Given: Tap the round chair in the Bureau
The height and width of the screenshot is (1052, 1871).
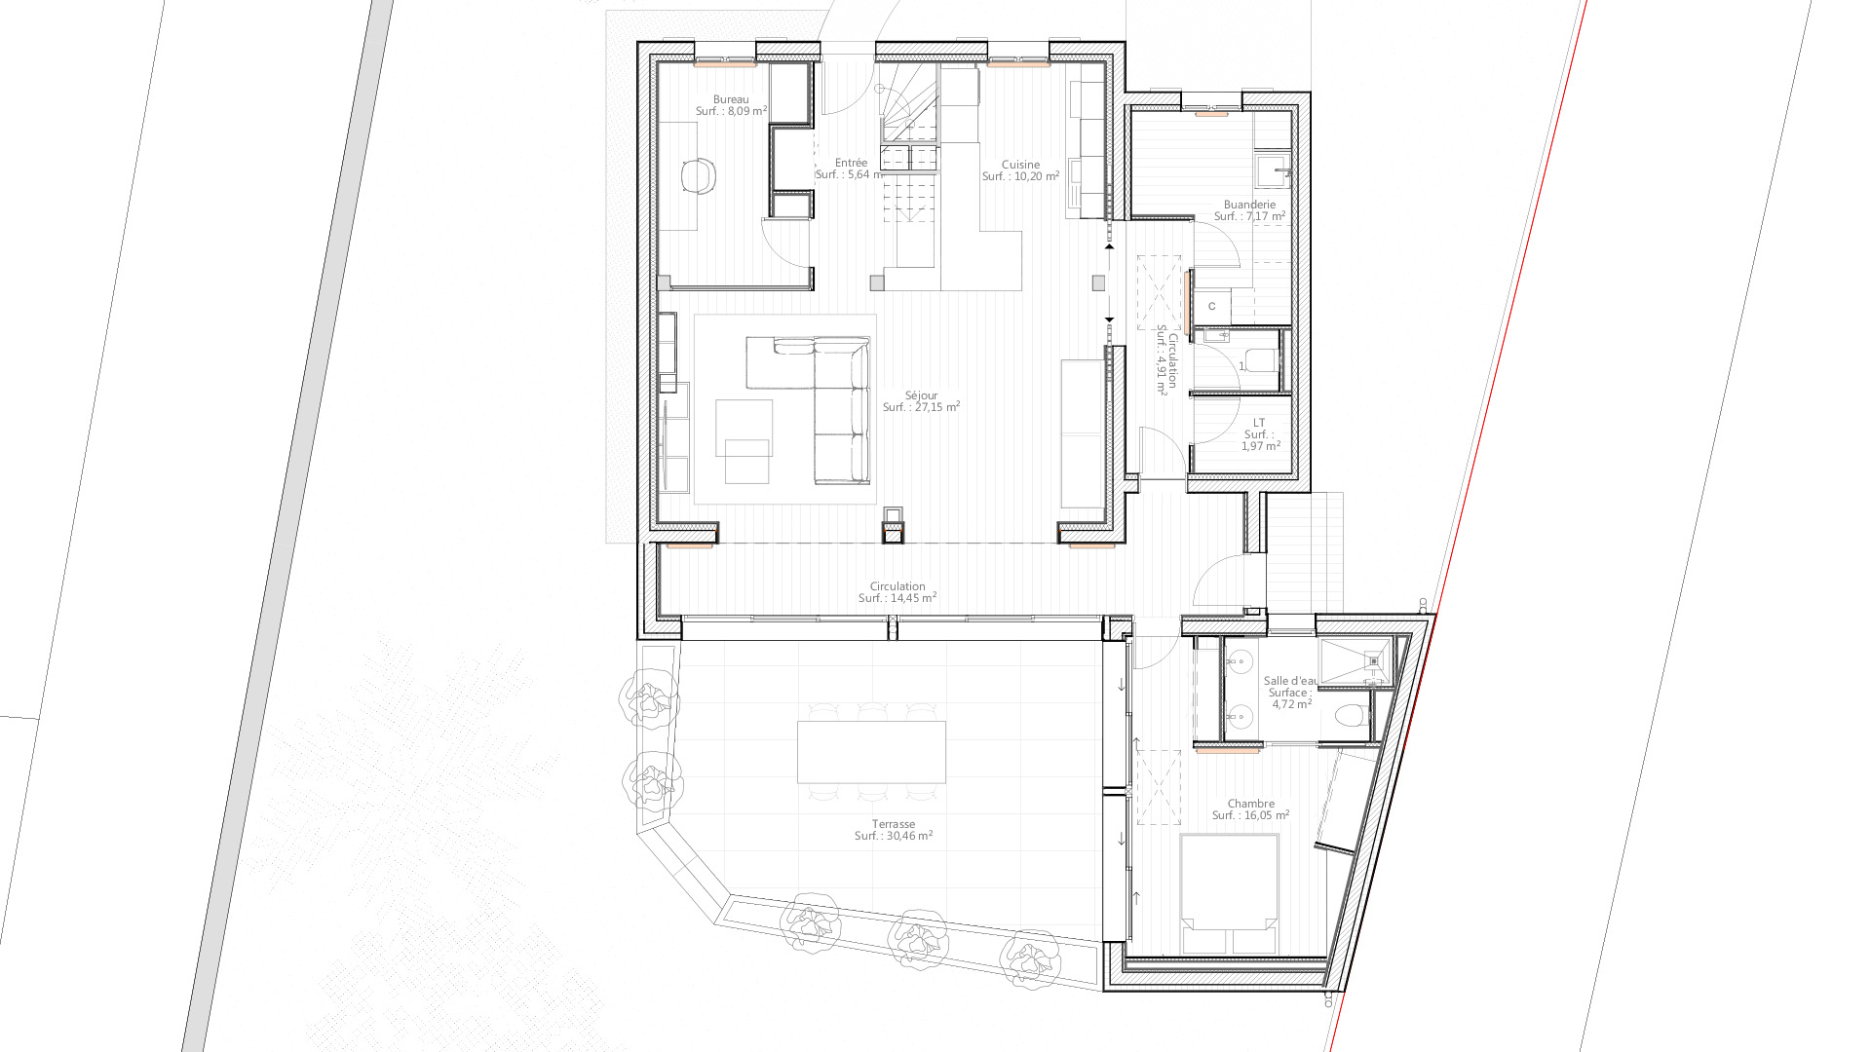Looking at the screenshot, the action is coord(699,175).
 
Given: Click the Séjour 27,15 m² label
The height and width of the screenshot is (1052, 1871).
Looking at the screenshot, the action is coord(921,401).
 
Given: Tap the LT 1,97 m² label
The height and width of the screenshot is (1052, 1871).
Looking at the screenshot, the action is coord(1260,434).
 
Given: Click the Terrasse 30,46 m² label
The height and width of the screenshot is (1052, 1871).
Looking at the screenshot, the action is coord(894,830).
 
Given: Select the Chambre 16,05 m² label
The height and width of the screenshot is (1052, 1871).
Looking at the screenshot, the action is coord(1251,809).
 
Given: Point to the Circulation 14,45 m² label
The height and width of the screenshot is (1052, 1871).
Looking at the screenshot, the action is coord(897,592).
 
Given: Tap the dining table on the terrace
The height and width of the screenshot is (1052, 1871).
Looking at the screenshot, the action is coord(871,752).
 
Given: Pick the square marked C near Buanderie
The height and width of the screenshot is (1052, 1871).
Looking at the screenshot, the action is coord(1212,306).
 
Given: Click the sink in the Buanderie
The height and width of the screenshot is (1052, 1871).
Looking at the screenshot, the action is coord(1272,170).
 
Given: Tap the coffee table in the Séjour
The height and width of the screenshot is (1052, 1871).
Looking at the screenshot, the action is coord(747,462).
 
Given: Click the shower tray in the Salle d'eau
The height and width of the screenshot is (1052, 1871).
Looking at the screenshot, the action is coord(1355,662).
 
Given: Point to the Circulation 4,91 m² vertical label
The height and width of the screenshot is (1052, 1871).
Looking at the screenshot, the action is coord(1166,360).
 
